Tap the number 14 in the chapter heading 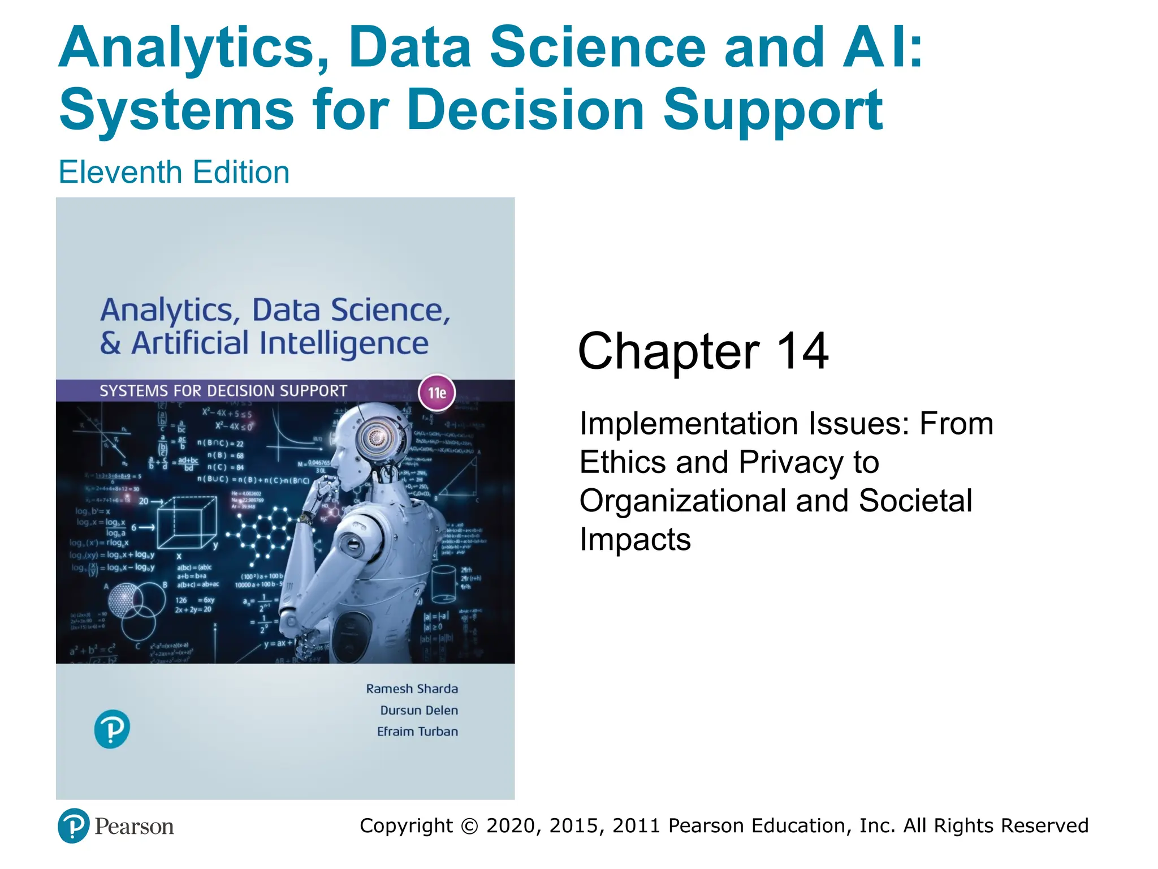(802, 351)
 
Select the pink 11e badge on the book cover (437, 393)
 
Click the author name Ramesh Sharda (412, 689)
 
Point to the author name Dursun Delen (418, 710)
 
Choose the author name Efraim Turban (417, 732)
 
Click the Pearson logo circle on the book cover (112, 729)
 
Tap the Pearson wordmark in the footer (134, 827)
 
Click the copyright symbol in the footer (469, 826)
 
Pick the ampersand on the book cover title (110, 343)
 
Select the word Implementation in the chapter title (689, 424)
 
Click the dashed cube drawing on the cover (187, 523)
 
